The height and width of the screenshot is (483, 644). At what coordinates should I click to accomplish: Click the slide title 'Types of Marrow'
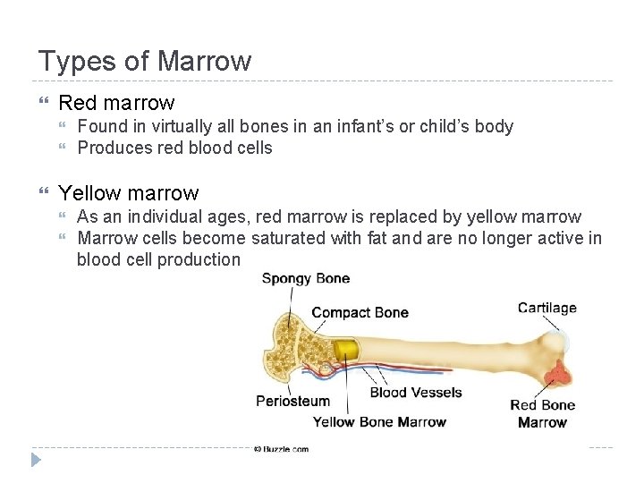(x=145, y=62)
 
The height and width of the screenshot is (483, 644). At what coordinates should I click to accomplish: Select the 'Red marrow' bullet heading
(x=116, y=103)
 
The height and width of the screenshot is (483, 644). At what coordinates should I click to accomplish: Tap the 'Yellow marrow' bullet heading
(x=128, y=193)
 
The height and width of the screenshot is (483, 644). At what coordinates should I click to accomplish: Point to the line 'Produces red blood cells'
(x=174, y=148)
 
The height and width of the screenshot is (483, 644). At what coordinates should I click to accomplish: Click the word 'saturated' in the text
(x=290, y=238)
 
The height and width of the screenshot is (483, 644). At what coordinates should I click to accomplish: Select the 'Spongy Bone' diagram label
(x=305, y=278)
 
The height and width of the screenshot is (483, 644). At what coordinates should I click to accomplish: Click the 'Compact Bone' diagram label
(x=360, y=312)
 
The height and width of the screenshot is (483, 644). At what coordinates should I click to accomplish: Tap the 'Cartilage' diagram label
(x=547, y=308)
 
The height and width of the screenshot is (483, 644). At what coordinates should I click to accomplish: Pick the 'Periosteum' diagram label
(x=292, y=401)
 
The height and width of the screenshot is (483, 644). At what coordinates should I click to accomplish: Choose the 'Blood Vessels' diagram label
(x=416, y=392)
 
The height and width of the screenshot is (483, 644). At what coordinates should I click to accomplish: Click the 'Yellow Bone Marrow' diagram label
(x=379, y=421)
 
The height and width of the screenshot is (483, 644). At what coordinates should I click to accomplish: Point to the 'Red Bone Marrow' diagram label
(x=542, y=413)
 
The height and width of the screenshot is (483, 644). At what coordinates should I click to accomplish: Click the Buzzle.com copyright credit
(x=281, y=449)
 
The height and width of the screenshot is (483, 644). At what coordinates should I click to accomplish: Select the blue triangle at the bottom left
(x=36, y=461)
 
